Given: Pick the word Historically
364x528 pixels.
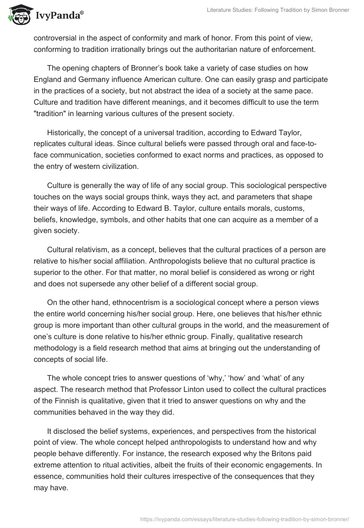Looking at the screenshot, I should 68,132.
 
